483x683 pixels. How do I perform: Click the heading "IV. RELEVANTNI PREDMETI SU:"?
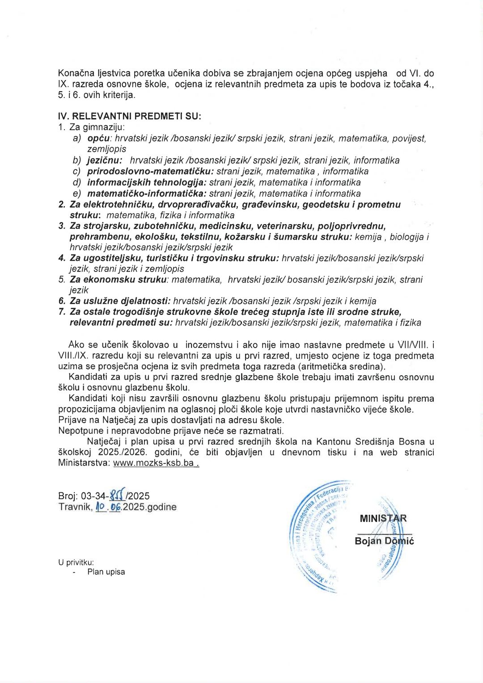click(x=130, y=116)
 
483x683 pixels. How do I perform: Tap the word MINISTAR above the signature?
click(x=383, y=519)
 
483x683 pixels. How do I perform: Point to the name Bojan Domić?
click(x=384, y=541)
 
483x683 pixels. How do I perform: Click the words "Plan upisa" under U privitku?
click(x=106, y=572)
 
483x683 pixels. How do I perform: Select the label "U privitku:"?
click(x=76, y=563)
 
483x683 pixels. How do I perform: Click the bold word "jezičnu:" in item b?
click(x=104, y=160)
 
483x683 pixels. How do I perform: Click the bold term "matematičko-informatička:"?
click(x=147, y=194)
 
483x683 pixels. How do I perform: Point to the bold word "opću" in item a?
click(x=99, y=138)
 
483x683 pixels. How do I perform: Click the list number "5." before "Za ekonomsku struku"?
click(x=62, y=280)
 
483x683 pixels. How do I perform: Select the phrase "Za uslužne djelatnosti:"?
click(x=120, y=301)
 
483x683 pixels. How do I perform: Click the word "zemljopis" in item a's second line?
click(x=106, y=149)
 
